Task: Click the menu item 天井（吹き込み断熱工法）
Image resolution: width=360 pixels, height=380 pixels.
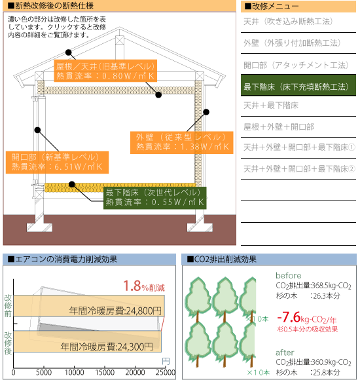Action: click(x=288, y=22)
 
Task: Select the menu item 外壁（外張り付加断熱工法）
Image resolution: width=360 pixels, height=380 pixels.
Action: click(x=292, y=43)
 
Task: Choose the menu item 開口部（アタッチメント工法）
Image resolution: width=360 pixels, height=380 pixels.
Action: click(x=296, y=65)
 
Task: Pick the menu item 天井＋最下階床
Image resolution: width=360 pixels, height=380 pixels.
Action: click(x=271, y=105)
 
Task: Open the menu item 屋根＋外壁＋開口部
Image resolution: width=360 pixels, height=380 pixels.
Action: click(x=279, y=126)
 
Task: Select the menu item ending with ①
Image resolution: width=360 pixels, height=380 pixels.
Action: click(x=299, y=147)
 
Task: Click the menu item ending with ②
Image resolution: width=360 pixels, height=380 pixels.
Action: click(x=299, y=168)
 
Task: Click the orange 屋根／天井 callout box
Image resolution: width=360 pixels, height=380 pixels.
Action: click(x=105, y=71)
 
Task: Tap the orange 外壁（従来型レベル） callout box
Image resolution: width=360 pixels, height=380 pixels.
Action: click(x=182, y=143)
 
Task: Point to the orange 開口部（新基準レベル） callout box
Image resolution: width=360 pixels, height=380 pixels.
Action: click(x=57, y=162)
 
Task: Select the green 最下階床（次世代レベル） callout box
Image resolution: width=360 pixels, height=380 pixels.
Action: click(x=155, y=198)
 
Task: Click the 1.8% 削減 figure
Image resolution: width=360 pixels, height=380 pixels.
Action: click(x=144, y=286)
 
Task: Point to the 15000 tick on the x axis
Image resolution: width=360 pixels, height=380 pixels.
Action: click(x=105, y=373)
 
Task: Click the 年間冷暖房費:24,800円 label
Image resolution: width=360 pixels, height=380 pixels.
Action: click(x=115, y=311)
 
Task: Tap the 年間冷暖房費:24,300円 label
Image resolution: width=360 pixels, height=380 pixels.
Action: click(x=107, y=347)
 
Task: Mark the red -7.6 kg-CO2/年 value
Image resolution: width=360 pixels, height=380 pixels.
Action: click(x=307, y=318)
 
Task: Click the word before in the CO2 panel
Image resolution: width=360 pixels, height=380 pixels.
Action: click(x=289, y=276)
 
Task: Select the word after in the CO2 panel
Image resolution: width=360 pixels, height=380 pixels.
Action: click(x=285, y=352)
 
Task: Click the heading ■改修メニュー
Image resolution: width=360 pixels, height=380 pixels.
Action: click(x=272, y=7)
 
